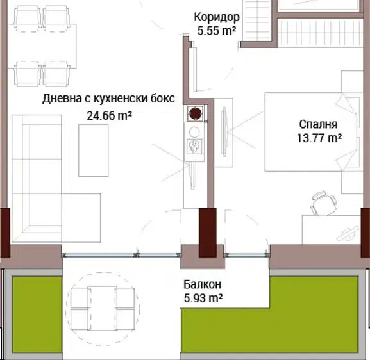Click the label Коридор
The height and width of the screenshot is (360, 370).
tap(217, 17)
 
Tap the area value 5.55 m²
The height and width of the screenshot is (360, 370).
tap(217, 31)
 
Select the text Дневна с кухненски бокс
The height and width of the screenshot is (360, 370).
tap(108, 99)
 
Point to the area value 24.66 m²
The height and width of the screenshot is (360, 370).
tap(109, 115)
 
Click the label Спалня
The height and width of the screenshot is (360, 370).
tap(318, 125)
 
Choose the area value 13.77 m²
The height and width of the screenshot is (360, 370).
tap(319, 138)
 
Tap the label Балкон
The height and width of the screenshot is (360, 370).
tap(203, 284)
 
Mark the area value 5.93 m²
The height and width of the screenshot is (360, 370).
tap(203, 299)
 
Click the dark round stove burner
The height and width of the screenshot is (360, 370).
tap(196, 113)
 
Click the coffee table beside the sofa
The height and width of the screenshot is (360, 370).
tap(94, 151)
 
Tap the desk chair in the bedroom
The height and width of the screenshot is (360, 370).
tap(324, 203)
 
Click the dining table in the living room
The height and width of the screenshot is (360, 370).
tap(42, 46)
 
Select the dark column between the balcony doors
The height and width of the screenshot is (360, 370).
tap(207, 233)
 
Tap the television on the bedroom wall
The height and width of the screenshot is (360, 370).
tap(224, 131)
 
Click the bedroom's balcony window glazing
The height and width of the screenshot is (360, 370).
tap(247, 255)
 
